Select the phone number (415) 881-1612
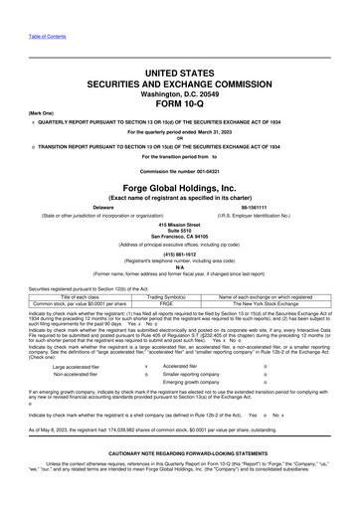(179, 279)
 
